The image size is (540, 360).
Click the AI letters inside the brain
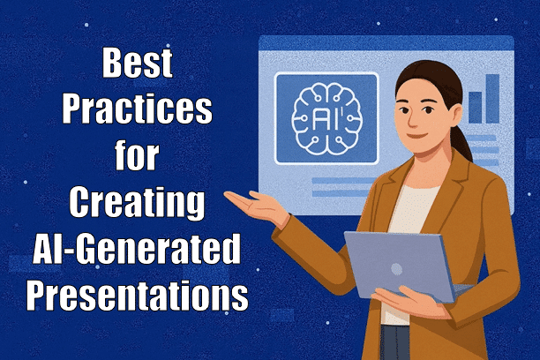[x=326, y=117]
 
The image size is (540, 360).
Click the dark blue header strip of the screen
[x=386, y=41]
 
